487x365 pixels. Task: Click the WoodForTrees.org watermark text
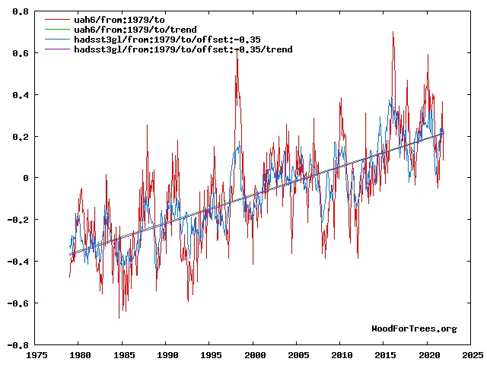414,328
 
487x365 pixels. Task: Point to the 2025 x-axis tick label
472,355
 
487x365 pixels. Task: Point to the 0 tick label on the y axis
26,178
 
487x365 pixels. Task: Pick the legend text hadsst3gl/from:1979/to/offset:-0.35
167,39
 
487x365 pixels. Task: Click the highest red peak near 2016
393,33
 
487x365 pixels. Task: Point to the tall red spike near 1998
237,52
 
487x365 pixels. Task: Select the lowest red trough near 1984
119,317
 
